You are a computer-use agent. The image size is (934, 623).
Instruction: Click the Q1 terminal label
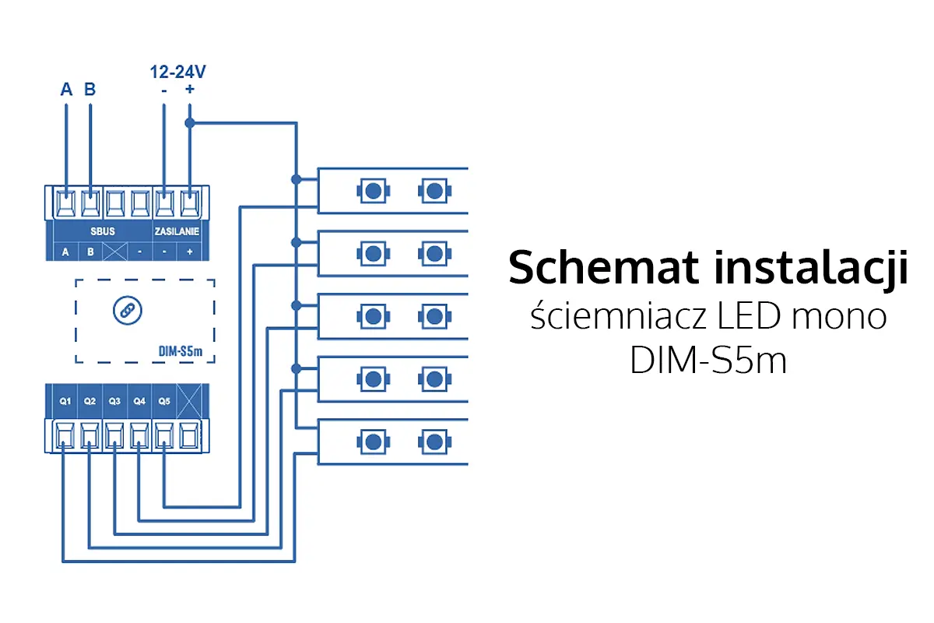point(65,402)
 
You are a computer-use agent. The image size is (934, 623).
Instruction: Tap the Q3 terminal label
point(114,402)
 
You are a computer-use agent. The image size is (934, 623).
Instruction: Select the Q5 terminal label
point(163,402)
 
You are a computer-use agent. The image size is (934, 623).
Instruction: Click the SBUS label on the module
point(103,232)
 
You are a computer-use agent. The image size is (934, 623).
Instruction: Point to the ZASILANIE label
point(176,232)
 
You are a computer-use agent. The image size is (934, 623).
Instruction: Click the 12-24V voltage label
point(177,73)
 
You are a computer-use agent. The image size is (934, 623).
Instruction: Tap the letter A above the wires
point(66,90)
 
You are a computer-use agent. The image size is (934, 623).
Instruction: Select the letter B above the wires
point(90,90)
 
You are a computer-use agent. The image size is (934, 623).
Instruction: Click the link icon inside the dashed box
point(123,310)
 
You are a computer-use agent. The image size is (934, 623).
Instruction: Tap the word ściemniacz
point(602,318)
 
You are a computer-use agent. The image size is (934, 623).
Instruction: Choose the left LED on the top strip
point(373,190)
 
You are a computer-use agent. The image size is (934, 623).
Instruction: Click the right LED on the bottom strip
point(433,442)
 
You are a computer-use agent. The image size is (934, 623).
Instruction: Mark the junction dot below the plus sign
point(189,123)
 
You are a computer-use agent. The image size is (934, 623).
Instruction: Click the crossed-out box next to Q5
point(188,402)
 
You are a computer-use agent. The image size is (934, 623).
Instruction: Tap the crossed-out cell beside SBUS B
point(115,252)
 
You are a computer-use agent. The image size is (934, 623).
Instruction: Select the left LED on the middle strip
point(373,316)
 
